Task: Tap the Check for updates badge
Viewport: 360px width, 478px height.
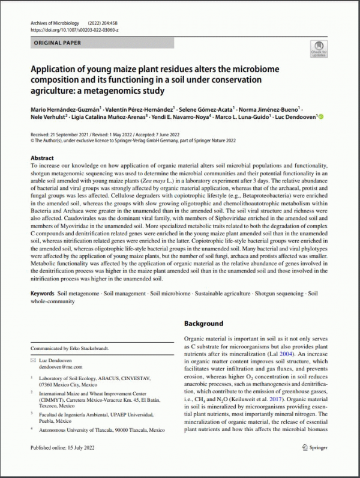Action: coord(319,49)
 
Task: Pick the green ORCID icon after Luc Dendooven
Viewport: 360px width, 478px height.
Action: coord(320,117)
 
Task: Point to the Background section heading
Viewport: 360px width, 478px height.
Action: coord(203,323)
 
